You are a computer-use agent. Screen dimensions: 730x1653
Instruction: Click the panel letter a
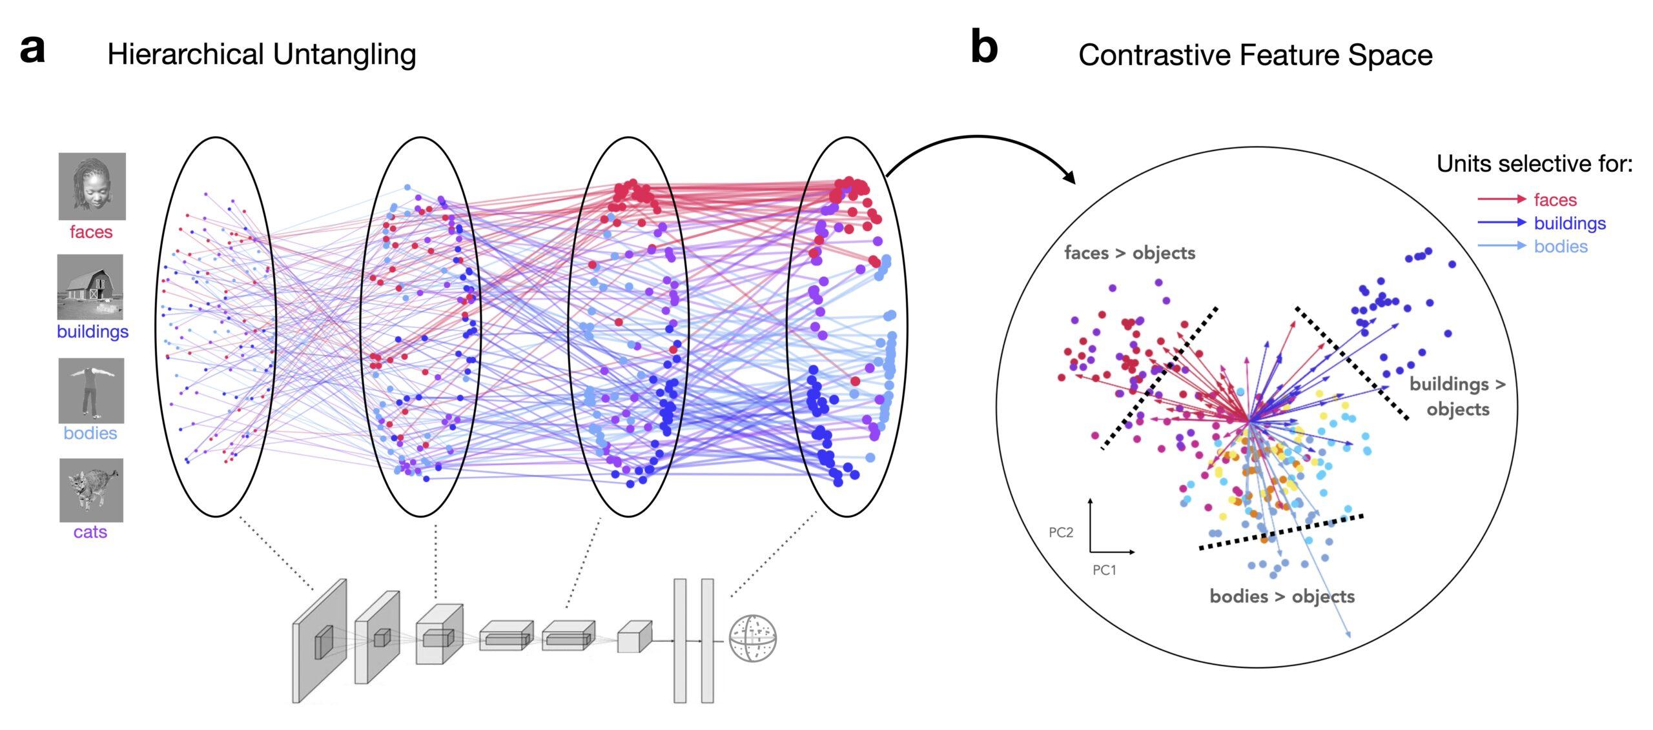click(32, 49)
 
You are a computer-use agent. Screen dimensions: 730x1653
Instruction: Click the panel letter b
click(984, 48)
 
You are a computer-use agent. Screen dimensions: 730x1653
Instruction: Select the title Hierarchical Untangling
click(262, 54)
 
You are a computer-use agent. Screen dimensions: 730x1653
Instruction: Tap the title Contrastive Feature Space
click(1255, 55)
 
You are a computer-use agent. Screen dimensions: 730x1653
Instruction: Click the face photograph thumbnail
click(92, 186)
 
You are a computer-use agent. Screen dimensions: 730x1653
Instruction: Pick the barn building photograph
click(90, 287)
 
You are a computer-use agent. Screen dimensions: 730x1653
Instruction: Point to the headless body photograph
click(91, 390)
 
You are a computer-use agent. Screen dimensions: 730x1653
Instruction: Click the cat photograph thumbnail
click(91, 490)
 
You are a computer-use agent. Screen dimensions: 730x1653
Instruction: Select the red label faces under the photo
click(91, 232)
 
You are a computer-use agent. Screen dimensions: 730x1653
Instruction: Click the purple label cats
click(90, 532)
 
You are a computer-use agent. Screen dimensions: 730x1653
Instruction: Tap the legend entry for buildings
click(1569, 223)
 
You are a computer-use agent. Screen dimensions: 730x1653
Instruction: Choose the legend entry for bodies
click(1560, 247)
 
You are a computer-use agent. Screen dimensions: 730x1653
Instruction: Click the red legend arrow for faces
click(1501, 199)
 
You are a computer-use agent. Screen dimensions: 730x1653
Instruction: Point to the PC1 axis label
click(1104, 570)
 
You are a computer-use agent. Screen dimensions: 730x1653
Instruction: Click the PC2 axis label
click(1060, 532)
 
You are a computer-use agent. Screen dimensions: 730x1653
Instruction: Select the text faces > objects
click(1129, 253)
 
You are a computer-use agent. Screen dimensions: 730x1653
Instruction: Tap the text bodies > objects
click(1282, 596)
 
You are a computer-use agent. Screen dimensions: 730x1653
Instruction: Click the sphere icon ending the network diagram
click(752, 638)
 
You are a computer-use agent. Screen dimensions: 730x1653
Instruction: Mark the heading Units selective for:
click(1534, 164)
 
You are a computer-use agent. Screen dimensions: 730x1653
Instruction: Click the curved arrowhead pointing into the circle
click(1069, 177)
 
